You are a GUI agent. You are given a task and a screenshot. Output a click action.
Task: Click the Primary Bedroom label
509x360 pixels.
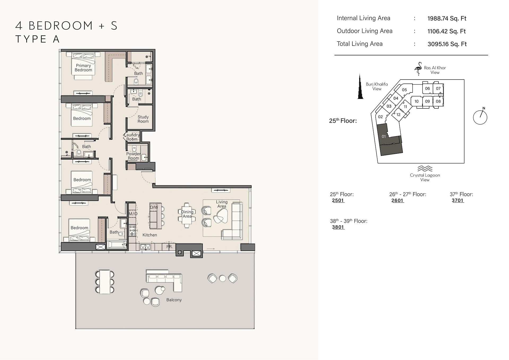tap(83, 68)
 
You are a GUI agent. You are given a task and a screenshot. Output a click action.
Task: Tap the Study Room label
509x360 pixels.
tap(143, 119)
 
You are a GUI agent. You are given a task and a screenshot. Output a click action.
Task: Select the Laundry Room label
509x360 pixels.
tap(132, 137)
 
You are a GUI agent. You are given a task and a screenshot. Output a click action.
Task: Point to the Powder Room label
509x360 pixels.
tap(133, 156)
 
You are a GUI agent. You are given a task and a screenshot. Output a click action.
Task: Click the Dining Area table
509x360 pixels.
tap(187, 215)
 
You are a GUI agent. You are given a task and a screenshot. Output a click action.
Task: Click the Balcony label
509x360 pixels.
tap(174, 300)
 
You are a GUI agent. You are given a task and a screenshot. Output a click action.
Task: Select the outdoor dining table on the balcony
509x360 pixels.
tap(105, 282)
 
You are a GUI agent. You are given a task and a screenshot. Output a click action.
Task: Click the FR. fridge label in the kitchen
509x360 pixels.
tap(169, 247)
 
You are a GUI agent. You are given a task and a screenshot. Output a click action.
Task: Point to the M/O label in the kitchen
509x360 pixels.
tap(133, 214)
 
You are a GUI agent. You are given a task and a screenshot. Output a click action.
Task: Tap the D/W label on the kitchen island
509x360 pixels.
tap(154, 207)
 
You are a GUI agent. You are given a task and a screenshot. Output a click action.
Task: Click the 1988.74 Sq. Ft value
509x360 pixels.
tap(447, 19)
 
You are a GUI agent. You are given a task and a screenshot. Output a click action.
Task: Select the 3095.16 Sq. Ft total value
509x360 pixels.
tap(447, 44)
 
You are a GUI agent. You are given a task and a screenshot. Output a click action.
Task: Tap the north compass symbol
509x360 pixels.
tap(480, 117)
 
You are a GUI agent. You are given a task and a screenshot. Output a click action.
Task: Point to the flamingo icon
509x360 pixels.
tap(418, 69)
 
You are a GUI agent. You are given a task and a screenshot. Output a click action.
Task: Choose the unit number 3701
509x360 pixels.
tap(458, 200)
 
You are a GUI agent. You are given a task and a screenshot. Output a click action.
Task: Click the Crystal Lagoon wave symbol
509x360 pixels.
tap(425, 169)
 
